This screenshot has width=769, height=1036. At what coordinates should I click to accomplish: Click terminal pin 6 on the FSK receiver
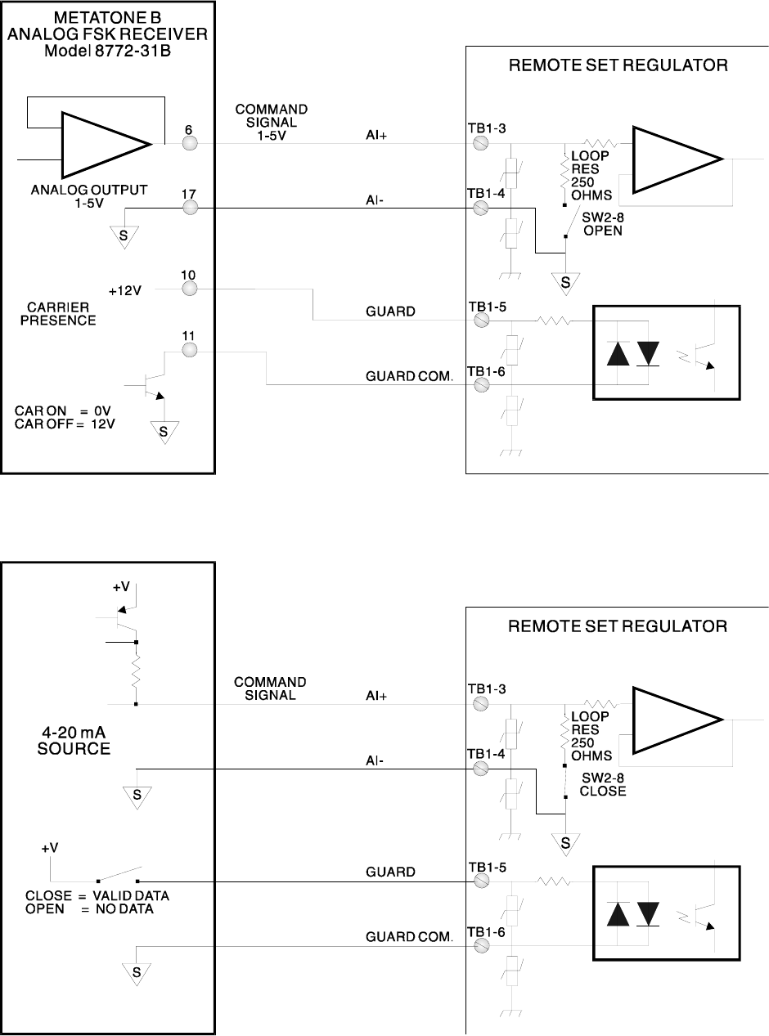click(x=190, y=143)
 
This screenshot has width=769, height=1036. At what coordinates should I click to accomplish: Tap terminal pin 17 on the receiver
click(x=190, y=208)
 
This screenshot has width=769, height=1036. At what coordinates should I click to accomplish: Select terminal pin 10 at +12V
click(x=189, y=288)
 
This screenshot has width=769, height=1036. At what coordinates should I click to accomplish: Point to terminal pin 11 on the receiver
click(x=189, y=350)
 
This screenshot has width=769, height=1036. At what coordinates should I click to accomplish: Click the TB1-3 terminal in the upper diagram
click(x=483, y=143)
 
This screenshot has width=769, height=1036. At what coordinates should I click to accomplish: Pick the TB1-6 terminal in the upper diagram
click(x=483, y=383)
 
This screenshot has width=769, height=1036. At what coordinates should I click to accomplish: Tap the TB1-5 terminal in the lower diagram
click(x=483, y=881)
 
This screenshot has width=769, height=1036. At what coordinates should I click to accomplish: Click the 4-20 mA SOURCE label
click(x=73, y=741)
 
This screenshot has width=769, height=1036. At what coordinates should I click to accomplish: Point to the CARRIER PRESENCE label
click(x=61, y=314)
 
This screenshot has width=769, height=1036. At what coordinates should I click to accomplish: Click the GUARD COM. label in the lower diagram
click(x=409, y=938)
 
